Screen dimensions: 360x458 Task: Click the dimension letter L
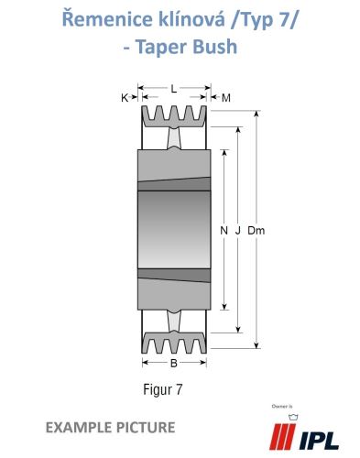pos(174,89)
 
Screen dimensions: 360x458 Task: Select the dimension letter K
pos(125,98)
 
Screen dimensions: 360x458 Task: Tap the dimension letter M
pos(225,98)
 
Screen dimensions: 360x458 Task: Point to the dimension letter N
pos(224,231)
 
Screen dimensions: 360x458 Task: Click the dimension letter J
pos(238,231)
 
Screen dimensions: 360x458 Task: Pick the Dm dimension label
pos(256,231)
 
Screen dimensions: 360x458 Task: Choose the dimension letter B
pos(174,363)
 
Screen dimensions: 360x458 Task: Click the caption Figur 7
pos(163,389)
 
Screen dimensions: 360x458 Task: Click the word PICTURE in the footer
pos(146,427)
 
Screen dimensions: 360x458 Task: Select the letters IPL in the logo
pos(319,441)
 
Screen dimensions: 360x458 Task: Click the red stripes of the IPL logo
pos(282,437)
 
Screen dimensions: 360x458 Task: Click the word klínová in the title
pos(191,19)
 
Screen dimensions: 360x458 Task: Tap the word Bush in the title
pos(215,47)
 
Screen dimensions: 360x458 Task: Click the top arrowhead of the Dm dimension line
pos(256,114)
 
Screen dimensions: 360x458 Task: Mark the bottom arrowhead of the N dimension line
pos(224,307)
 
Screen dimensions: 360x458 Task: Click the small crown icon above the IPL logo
pos(293,417)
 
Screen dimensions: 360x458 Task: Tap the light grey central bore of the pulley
pos(174,230)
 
